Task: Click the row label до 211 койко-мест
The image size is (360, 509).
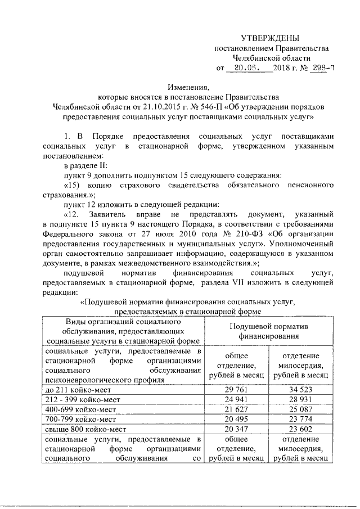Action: (78, 390)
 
